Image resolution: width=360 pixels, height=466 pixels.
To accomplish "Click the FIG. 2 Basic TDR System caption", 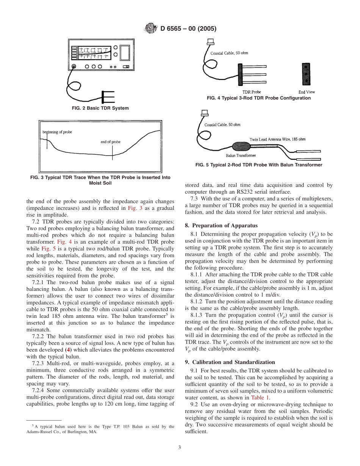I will [100, 108].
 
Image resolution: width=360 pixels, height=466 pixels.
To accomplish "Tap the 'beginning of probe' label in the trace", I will [57, 132].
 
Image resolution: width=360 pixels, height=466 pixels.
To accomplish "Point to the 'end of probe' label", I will [110, 142].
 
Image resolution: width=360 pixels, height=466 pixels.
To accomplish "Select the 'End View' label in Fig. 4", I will [306, 92].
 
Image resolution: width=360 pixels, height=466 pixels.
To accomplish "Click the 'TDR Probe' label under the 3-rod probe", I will [252, 92].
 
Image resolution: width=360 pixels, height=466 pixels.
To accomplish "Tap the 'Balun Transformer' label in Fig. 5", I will [238, 156].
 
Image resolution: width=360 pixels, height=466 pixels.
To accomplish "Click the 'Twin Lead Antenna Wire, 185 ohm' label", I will [277, 139].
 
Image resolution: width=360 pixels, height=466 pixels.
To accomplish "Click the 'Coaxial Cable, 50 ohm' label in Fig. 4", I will [229, 53].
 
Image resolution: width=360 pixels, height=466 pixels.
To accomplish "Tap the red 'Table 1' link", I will [260, 398].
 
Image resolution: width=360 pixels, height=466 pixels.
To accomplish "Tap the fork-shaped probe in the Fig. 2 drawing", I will [108, 97].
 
